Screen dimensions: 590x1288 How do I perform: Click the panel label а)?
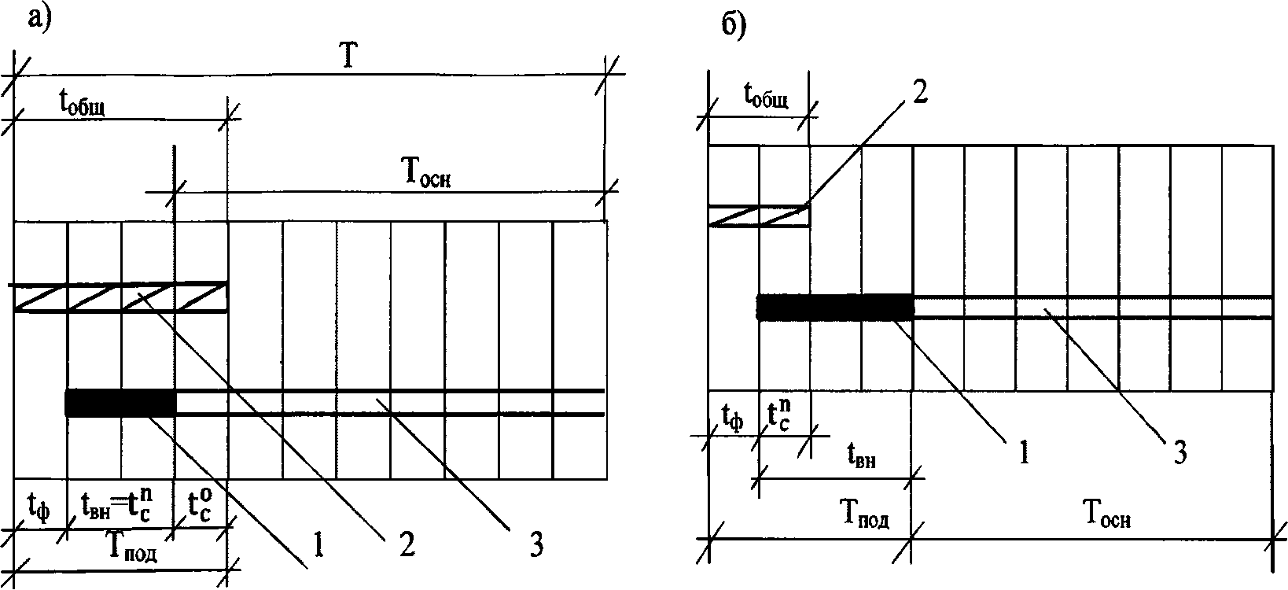pyautogui.click(x=39, y=17)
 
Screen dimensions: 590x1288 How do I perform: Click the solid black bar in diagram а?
pyautogui.click(x=120, y=403)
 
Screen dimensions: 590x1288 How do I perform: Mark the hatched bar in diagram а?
pyautogui.click(x=120, y=298)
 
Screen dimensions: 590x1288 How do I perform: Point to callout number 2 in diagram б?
pyautogui.click(x=921, y=93)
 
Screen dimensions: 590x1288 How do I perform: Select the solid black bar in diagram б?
pyautogui.click(x=835, y=307)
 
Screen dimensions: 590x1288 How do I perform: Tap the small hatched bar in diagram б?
pyautogui.click(x=759, y=216)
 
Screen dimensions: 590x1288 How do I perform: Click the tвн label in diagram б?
pyautogui.click(x=862, y=456)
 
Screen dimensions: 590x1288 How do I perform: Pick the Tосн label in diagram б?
pyautogui.click(x=1109, y=515)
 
